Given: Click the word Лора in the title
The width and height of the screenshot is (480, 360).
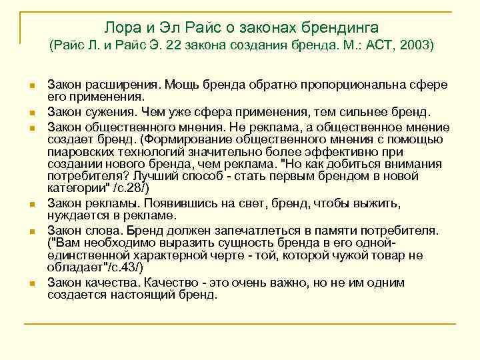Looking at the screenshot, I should click(121, 27).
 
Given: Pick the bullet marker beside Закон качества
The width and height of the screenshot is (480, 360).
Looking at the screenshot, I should click(31, 283).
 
